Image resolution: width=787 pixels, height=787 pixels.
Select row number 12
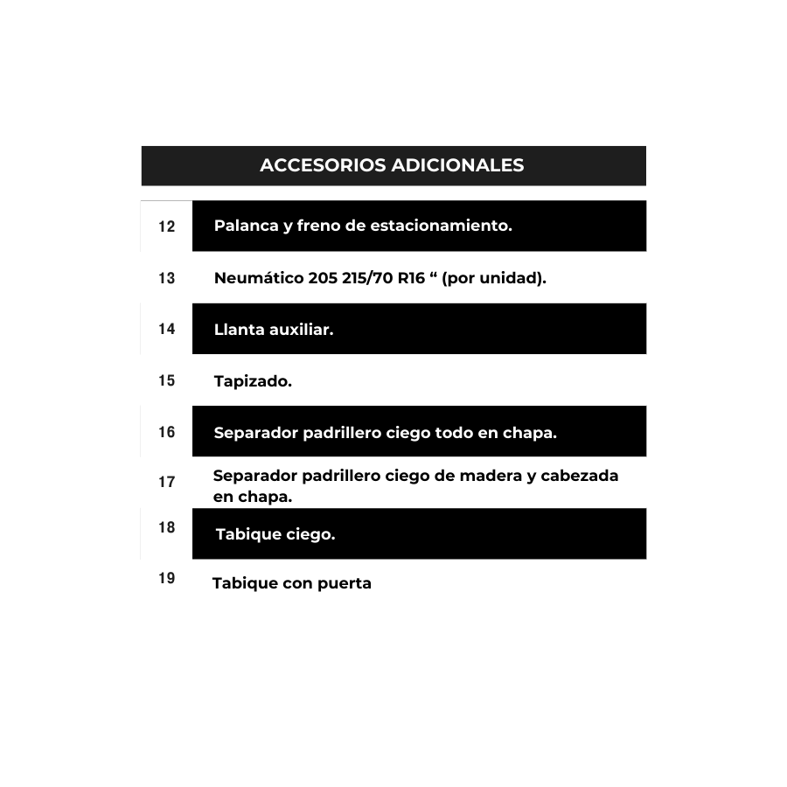[166, 226]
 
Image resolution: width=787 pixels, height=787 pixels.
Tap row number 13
[166, 278]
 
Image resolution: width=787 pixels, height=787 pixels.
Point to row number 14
[166, 329]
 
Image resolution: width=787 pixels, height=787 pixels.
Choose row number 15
[166, 380]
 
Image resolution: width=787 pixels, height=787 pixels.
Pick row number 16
[166, 432]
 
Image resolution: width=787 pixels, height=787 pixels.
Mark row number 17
[166, 482]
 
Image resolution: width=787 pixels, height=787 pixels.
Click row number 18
[166, 527]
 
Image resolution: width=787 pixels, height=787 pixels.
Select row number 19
[166, 578]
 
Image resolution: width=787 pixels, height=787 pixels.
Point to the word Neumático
[258, 279]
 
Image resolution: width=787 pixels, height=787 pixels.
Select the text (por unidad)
[494, 279]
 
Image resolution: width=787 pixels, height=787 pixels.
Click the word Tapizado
[253, 381]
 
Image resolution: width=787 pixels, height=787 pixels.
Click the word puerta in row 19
[344, 583]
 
